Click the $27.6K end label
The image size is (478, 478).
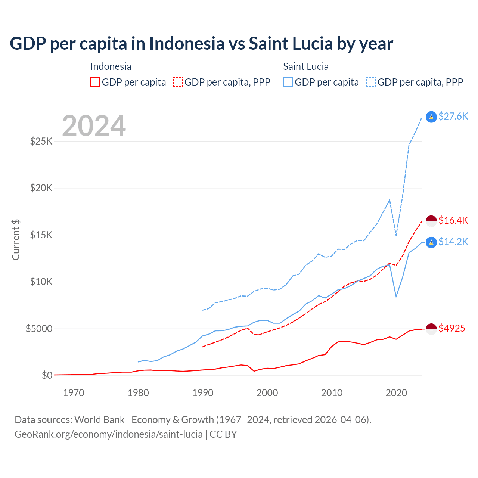[x=453, y=116]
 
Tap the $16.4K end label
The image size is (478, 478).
[x=453, y=220]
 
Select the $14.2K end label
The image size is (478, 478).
[x=453, y=242]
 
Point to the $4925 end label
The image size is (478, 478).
[x=451, y=328]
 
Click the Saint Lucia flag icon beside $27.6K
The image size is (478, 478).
[x=431, y=117]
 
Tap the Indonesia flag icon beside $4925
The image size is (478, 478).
[x=431, y=329]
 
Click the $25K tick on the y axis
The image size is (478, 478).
[x=41, y=141]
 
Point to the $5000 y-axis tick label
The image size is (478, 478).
[x=39, y=329]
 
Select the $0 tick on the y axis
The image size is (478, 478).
[x=47, y=375]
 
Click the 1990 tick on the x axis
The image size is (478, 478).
[x=203, y=393]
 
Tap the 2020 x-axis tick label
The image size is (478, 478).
[x=396, y=393]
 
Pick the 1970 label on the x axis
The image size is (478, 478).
[x=74, y=393]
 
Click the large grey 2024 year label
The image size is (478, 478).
[x=94, y=126]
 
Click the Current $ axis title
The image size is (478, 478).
[x=16, y=239]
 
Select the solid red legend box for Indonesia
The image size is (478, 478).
[x=95, y=82]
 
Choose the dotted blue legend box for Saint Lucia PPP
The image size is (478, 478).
[x=371, y=82]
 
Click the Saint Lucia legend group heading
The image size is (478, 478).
[x=306, y=66]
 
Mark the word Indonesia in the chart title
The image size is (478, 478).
[x=187, y=43]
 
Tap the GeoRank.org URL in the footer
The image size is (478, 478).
[x=108, y=434]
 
